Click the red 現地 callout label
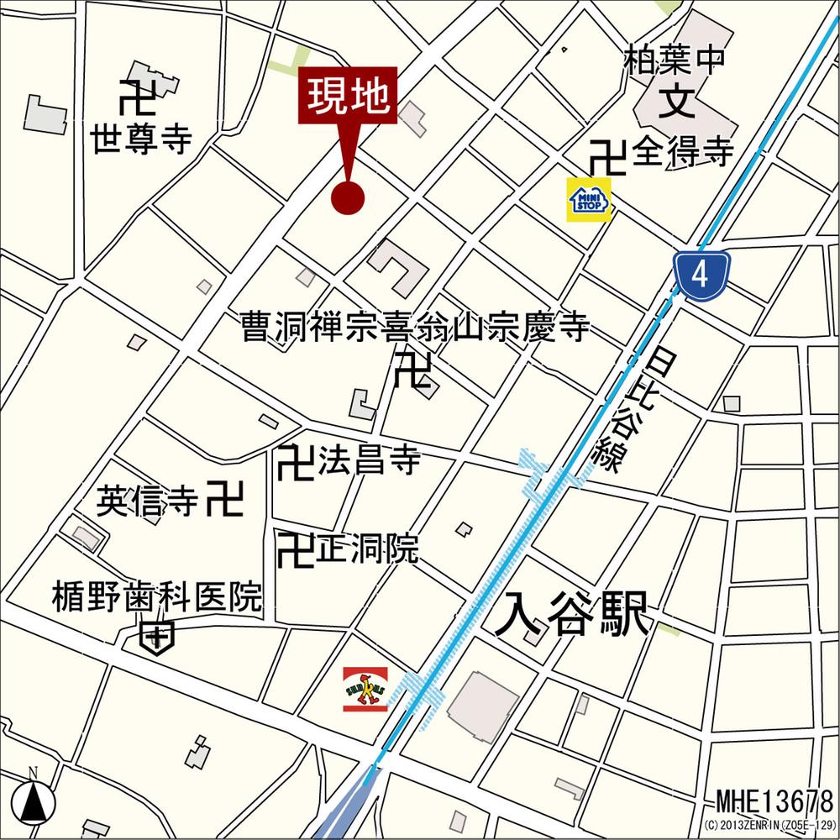point(347,96)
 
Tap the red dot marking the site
point(348,198)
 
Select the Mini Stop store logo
point(590,200)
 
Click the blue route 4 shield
point(701,275)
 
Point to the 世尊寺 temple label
point(142,139)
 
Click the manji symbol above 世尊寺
point(136,97)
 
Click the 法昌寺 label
point(369,461)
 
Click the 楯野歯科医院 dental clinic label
point(156,598)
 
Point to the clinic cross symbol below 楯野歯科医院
point(157,638)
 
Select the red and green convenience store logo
point(365,689)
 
